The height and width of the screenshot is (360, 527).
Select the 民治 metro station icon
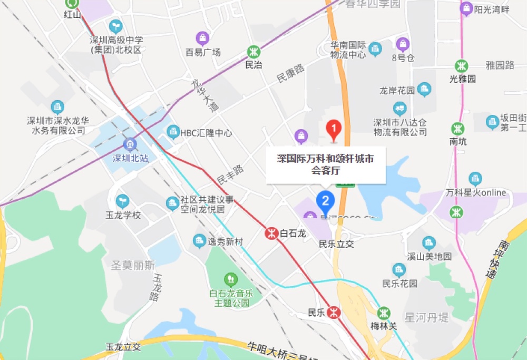(254, 52)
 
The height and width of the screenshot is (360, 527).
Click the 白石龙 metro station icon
(271, 232)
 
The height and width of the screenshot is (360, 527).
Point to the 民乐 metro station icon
(333, 312)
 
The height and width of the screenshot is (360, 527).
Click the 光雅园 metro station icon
(462, 66)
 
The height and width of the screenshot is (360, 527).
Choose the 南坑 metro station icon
(457, 128)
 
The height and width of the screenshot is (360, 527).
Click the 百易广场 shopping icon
(202, 38)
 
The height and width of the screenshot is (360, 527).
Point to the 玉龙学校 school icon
(122, 201)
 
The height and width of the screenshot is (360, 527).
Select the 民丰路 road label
(230, 173)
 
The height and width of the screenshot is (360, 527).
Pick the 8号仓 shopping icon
(402, 44)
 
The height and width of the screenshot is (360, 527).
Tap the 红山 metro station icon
(72, 3)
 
